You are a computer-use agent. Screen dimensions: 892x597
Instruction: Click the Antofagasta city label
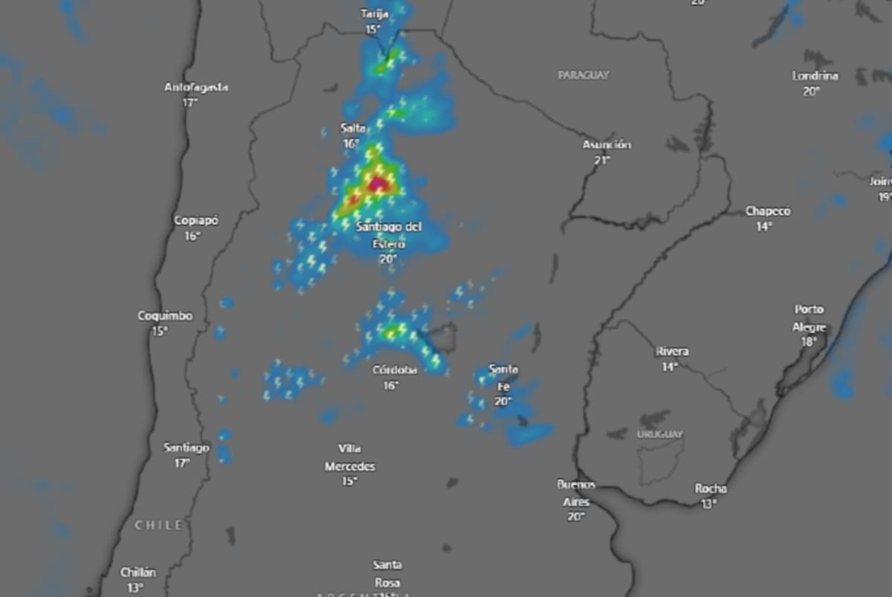[x=195, y=88]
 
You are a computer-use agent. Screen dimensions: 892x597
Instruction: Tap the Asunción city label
[x=607, y=145]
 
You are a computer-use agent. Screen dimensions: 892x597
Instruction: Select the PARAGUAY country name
[x=584, y=75]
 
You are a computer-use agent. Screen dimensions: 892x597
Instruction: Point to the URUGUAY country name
[x=659, y=434]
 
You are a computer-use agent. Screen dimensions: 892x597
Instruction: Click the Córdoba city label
[x=395, y=370]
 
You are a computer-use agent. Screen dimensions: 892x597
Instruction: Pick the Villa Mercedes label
[x=349, y=458]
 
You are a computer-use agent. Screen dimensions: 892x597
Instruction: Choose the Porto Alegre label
[x=809, y=318]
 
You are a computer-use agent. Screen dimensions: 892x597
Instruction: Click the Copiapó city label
[x=196, y=221]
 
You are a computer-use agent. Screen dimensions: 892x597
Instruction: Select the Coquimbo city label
[x=165, y=316]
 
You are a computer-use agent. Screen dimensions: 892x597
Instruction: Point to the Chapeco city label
[x=768, y=212]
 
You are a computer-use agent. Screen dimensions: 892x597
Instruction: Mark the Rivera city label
[x=672, y=352]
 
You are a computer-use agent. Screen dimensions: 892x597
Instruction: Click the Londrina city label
[x=815, y=76]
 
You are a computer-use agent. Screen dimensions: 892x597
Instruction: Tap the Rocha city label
[x=711, y=489]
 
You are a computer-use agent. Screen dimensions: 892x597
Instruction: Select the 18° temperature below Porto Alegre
[x=809, y=342]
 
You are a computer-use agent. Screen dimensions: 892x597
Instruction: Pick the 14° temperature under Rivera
[x=670, y=367]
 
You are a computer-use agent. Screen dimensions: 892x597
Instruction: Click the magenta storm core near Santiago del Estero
[x=378, y=182]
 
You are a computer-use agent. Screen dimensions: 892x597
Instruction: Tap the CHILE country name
[x=158, y=526]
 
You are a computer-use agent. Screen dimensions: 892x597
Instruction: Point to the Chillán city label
[x=139, y=573]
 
